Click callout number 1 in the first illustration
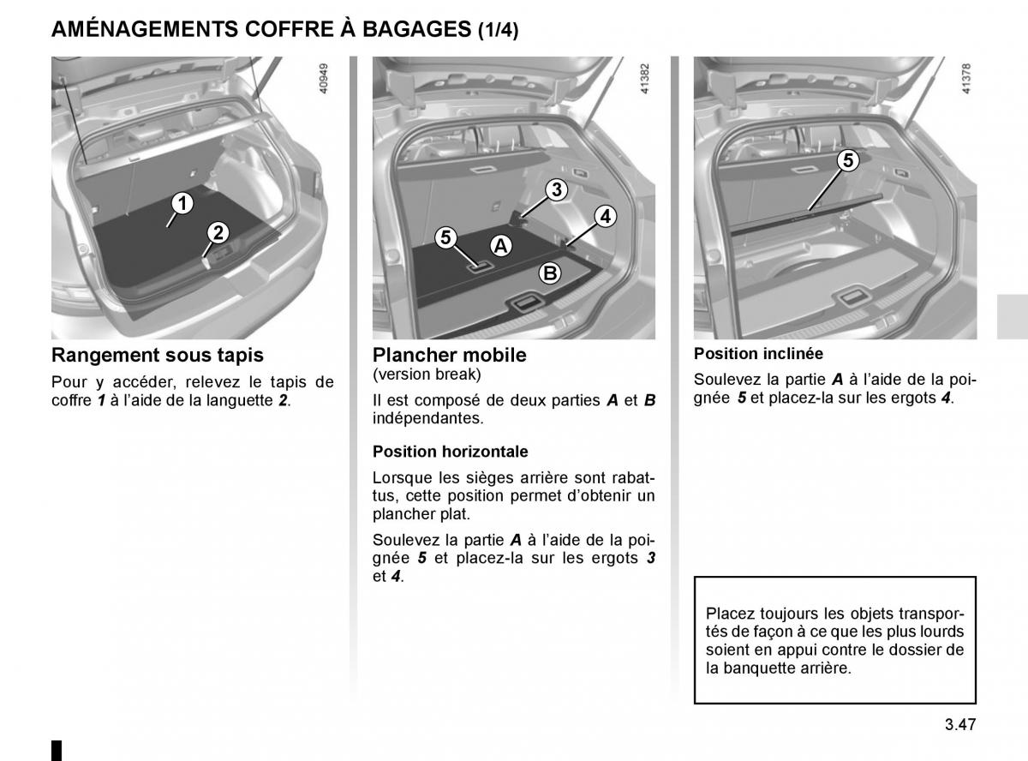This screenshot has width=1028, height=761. [x=181, y=203]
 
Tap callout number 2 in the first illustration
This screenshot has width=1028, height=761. [x=218, y=232]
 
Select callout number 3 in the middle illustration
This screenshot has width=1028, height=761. [x=556, y=189]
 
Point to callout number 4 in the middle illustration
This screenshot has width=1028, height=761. [x=605, y=216]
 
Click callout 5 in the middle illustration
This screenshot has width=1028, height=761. [x=445, y=238]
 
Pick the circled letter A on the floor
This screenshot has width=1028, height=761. [x=500, y=246]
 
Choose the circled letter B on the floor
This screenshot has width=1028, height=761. [x=548, y=273]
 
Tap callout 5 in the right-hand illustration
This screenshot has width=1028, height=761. [x=847, y=160]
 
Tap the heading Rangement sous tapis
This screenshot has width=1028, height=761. [x=157, y=355]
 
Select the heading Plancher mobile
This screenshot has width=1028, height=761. [x=450, y=355]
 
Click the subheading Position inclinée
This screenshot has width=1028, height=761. [x=758, y=353]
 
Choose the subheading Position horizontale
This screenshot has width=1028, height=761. [x=451, y=451]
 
